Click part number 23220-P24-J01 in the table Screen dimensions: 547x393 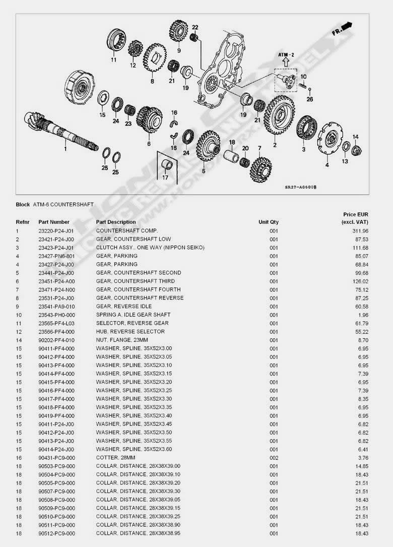56,231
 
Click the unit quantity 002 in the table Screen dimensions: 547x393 274,458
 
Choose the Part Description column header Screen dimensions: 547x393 116,222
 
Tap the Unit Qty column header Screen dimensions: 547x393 269,222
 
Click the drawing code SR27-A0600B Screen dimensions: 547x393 300,187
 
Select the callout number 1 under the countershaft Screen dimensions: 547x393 64,149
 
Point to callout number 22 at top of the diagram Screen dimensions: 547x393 195,27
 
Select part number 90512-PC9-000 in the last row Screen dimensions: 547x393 56,533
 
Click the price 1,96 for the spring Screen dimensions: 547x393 365,315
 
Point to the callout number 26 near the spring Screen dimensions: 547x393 309,99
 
